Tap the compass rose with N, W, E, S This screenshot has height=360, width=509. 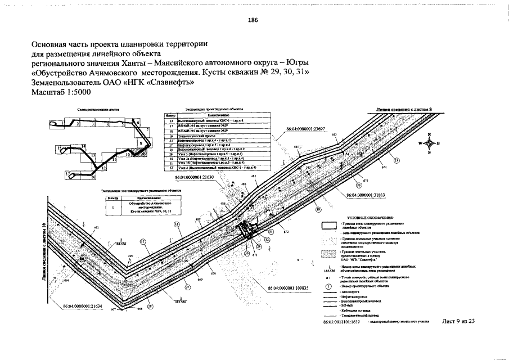pos(429,143)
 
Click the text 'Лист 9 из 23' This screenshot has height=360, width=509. pos(459,321)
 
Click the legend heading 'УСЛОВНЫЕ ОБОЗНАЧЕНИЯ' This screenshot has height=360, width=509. pos(371,217)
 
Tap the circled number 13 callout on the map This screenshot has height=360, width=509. pos(397,160)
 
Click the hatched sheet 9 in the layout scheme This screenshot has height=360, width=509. pos(142,150)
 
